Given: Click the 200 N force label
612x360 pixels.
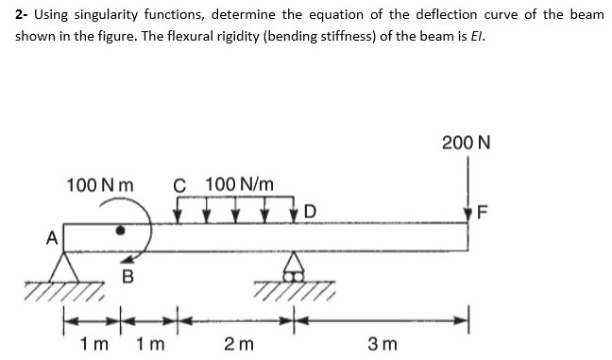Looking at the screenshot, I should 466,143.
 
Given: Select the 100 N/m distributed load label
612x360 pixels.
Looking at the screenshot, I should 240,182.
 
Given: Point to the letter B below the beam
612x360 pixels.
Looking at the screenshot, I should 127,277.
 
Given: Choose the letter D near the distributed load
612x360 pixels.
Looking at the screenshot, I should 310,209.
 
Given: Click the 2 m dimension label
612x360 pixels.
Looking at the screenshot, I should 238,341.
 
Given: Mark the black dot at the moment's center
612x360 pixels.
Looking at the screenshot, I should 120,230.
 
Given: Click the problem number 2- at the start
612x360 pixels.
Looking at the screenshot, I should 23,16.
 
